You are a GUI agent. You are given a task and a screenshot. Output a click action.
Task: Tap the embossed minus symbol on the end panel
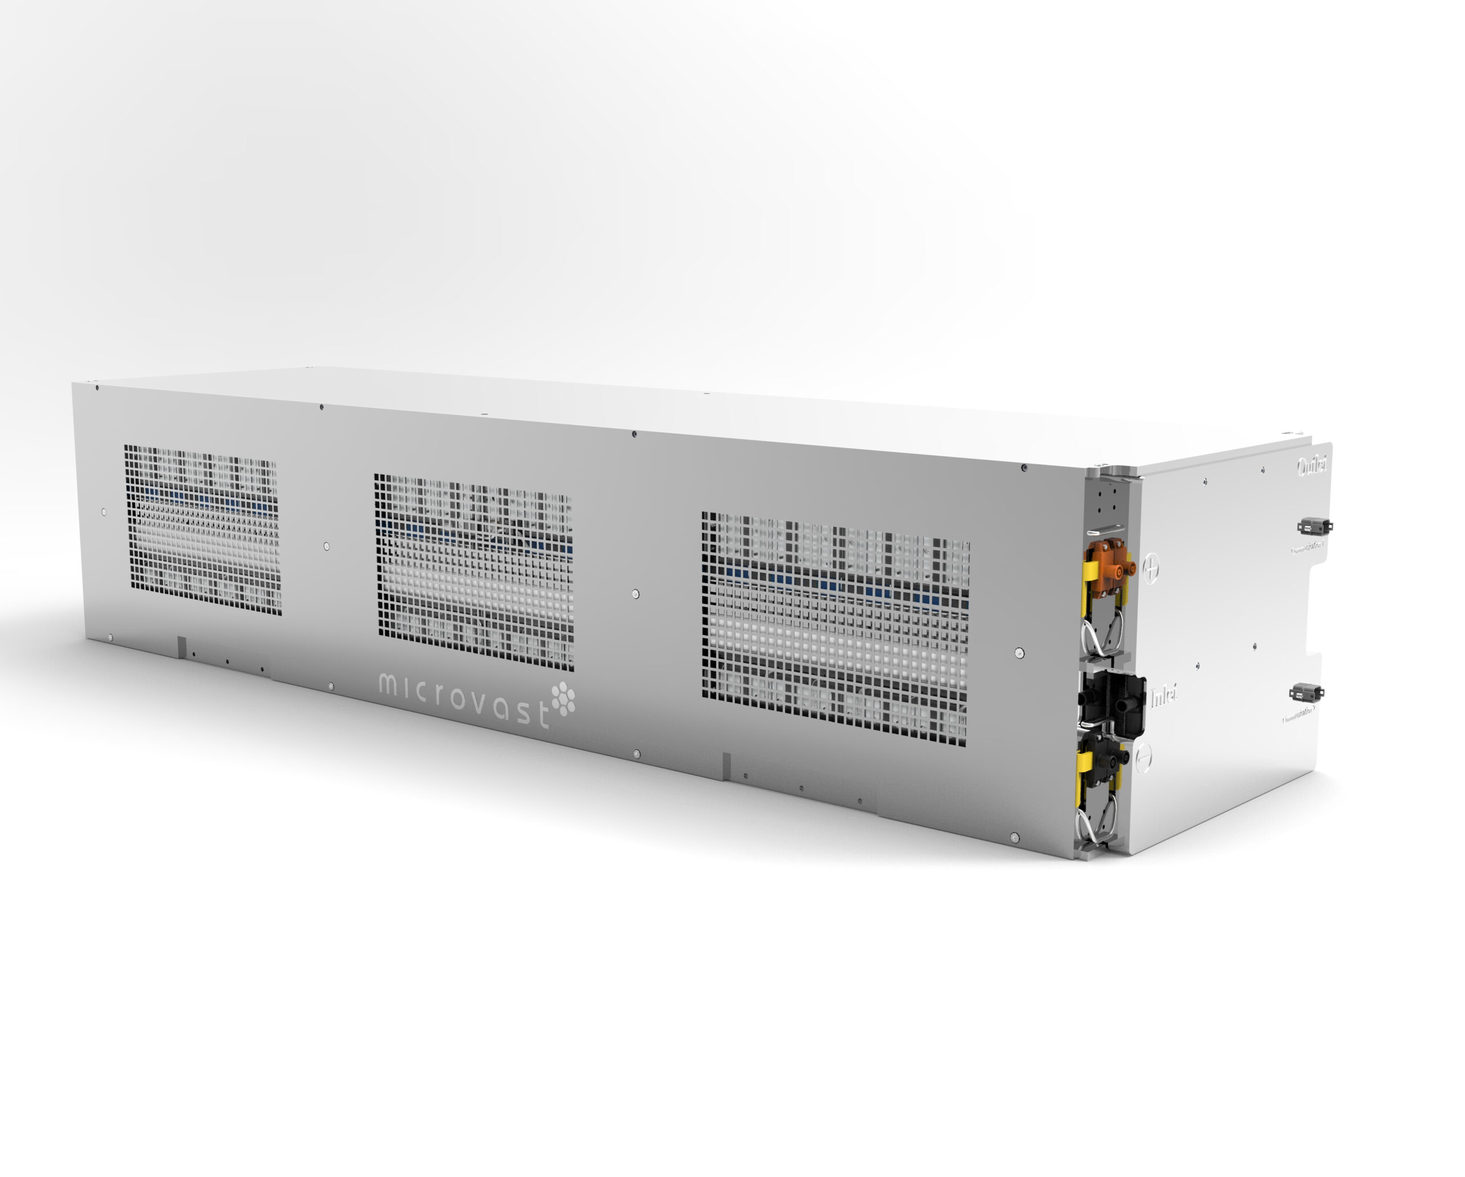(1143, 755)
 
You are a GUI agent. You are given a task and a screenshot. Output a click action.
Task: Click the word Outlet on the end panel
(1313, 467)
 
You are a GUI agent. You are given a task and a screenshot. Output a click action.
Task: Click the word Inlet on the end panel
(1163, 695)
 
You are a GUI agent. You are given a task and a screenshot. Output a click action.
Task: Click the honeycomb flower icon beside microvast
(563, 699)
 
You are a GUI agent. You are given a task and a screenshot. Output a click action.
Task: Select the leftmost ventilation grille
(203, 529)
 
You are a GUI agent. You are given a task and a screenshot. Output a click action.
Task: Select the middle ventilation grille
(474, 572)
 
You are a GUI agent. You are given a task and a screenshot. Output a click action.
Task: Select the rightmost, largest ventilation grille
(835, 628)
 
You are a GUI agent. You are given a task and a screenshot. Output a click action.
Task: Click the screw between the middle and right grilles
(635, 594)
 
